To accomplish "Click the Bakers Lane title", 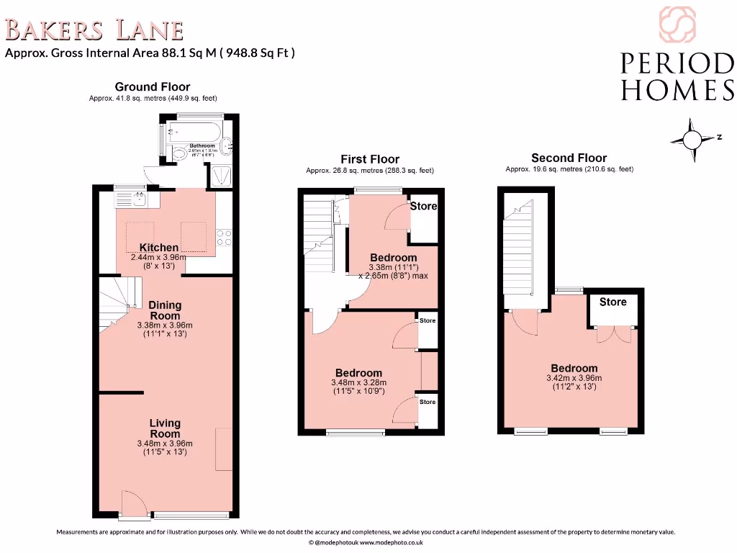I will (94, 30).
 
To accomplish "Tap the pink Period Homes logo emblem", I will (677, 24).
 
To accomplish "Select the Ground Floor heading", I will (153, 87).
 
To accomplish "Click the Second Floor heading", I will (569, 158).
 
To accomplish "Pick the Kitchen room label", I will (158, 248).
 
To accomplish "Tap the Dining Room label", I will (165, 310).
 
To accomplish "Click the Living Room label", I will (165, 428).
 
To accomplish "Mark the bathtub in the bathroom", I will (191, 132).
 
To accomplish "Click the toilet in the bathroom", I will (178, 152).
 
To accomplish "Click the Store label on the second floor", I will (612, 302).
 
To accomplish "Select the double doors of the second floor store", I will (613, 334).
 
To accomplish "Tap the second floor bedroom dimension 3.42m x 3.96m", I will (574, 378).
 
